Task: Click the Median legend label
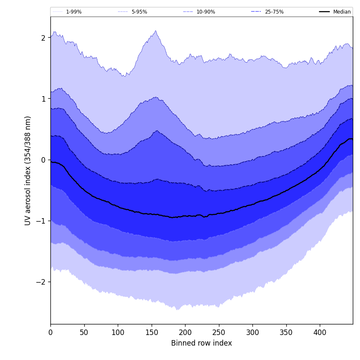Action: [x=342, y=12]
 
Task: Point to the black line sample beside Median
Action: [x=325, y=12]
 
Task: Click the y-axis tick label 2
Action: [x=43, y=38]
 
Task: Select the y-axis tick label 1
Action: [x=43, y=99]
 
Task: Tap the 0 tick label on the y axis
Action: [x=43, y=160]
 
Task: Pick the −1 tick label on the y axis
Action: [x=41, y=221]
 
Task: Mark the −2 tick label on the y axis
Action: [x=41, y=282]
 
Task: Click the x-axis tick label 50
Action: [x=84, y=332]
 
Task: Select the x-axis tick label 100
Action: [x=118, y=332]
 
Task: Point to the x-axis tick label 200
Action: [x=185, y=332]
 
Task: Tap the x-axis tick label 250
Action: [x=219, y=332]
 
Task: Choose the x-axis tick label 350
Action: [x=286, y=332]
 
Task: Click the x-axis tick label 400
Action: [x=320, y=332]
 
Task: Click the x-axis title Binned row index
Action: [x=202, y=343]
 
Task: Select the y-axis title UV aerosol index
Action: [x=28, y=170]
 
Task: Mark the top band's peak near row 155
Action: [x=155, y=31]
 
